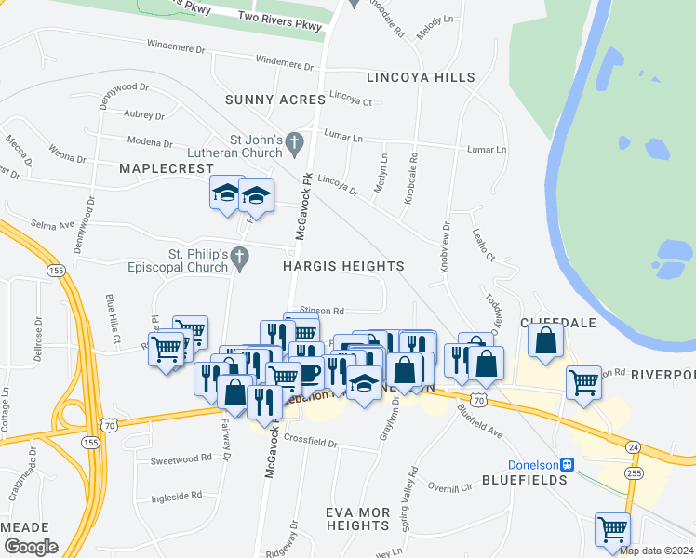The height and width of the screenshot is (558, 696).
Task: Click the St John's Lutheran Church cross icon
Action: click(295, 141)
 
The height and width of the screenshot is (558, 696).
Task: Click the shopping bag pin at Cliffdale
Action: click(546, 340)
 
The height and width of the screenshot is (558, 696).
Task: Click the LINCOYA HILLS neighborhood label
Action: click(421, 77)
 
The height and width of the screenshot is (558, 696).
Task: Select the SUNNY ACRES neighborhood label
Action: click(274, 99)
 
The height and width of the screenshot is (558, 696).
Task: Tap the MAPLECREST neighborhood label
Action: click(154, 167)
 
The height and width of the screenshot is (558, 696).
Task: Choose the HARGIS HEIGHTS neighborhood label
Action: click(343, 266)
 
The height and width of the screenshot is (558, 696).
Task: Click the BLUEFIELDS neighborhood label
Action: click(525, 480)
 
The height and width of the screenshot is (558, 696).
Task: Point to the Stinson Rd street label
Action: click(322, 311)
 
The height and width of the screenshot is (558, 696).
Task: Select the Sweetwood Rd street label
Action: click(181, 459)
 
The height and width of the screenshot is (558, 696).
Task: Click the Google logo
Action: click(31, 546)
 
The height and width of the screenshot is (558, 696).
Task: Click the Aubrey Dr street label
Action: click(143, 115)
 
